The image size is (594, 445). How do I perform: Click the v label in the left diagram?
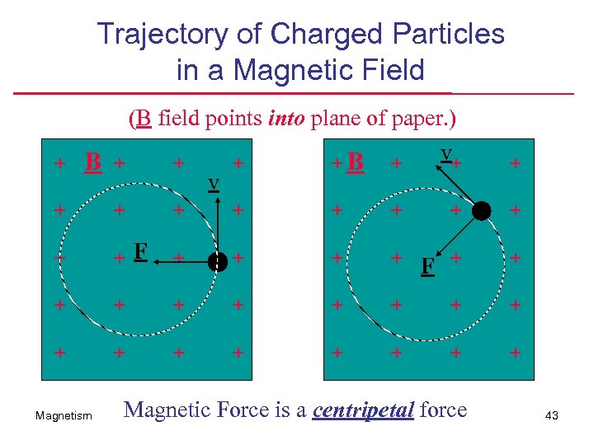tap(213, 182)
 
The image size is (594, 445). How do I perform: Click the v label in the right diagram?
tap(446, 153)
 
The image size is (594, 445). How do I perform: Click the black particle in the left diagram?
tap(217, 261)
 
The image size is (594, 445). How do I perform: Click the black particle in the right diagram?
tap(482, 211)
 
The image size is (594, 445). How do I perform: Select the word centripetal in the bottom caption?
tap(363, 410)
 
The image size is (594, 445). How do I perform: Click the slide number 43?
tap(552, 416)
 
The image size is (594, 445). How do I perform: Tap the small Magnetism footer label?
tap(64, 416)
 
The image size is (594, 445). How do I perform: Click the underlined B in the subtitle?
tap(144, 119)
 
